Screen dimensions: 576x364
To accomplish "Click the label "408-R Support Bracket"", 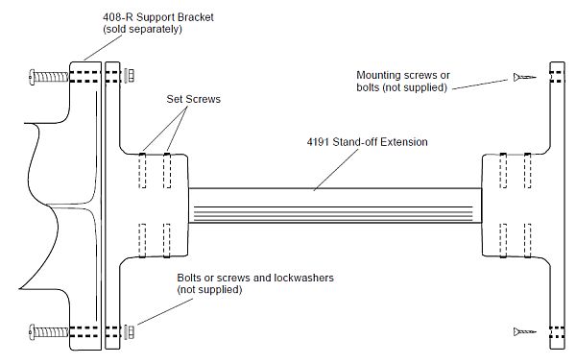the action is pyautogui.click(x=158, y=17).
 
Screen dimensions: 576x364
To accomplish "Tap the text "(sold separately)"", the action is pyautogui.click(x=142, y=29).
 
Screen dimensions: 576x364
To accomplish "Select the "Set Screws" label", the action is pyautogui.click(x=194, y=99).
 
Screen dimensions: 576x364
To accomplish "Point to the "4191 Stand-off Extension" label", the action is pyautogui.click(x=367, y=142).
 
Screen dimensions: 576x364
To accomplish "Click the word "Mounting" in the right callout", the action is pyautogui.click(x=378, y=75).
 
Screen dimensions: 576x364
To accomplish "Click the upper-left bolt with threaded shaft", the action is pyautogui.click(x=49, y=77).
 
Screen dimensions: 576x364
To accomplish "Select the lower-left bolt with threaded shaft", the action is pyautogui.click(x=49, y=332).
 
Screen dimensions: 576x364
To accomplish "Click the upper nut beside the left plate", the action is pyautogui.click(x=129, y=76).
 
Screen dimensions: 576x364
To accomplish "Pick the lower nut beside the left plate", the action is pyautogui.click(x=129, y=331).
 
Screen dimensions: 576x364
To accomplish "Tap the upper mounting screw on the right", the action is pyautogui.click(x=524, y=77).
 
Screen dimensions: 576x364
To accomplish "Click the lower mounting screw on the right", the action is pyautogui.click(x=524, y=332).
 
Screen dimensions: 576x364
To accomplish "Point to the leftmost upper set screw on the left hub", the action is pyautogui.click(x=142, y=171).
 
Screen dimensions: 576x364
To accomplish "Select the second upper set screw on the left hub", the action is pyautogui.click(x=167, y=171).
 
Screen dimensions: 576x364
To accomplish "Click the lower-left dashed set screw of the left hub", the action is pyautogui.click(x=142, y=240).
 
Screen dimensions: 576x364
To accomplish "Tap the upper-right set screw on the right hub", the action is pyautogui.click(x=527, y=171).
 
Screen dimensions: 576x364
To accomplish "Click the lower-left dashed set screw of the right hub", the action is pyautogui.click(x=503, y=240).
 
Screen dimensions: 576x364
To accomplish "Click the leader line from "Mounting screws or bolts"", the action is pyautogui.click(x=480, y=85).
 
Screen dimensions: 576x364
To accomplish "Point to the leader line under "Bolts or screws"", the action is pyautogui.click(x=165, y=312).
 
